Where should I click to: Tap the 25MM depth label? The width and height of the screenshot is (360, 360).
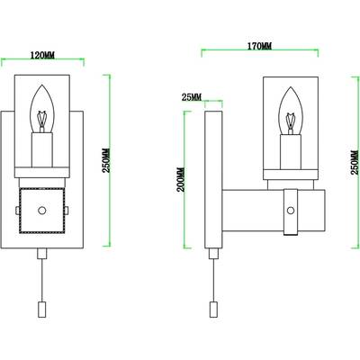(x=191, y=97)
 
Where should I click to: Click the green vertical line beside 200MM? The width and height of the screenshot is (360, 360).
(x=186, y=177)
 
